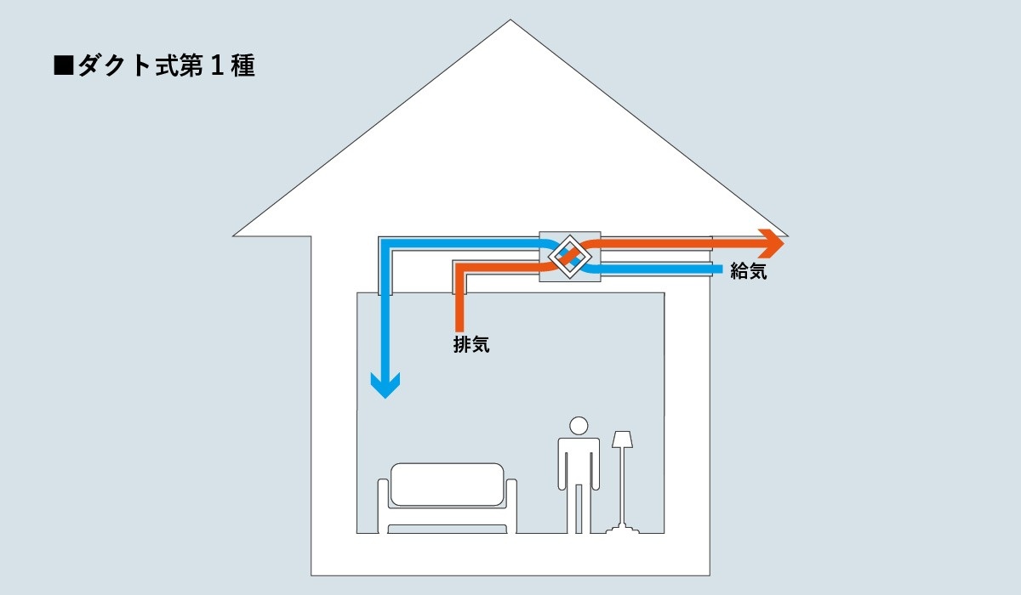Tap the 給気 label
point(748,272)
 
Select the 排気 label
point(471,345)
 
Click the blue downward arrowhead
point(385,387)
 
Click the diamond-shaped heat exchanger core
point(570,255)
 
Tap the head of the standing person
point(579,426)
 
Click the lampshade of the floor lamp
point(623,439)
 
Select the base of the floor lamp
point(623,530)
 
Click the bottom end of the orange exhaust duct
point(459,327)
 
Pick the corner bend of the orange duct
point(460,269)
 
